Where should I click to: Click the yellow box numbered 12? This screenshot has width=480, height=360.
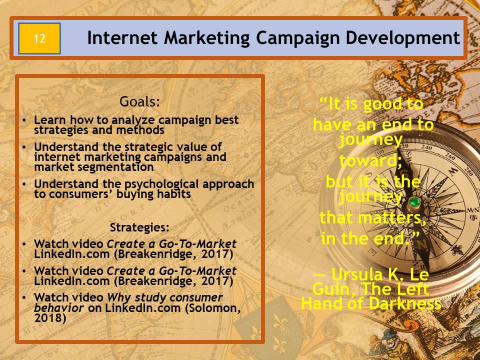(x=39, y=38)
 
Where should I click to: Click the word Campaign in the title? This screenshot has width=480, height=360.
(x=297, y=38)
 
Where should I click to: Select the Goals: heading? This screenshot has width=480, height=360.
(x=139, y=101)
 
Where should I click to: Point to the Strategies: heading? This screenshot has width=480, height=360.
(x=139, y=227)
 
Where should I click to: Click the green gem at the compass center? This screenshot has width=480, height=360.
(x=414, y=202)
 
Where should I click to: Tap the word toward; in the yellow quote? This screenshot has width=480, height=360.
(x=370, y=160)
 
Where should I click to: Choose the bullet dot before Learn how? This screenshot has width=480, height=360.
(x=24, y=120)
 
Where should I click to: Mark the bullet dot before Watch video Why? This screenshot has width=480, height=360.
(x=24, y=297)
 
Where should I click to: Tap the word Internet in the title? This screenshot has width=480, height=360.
(x=122, y=38)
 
